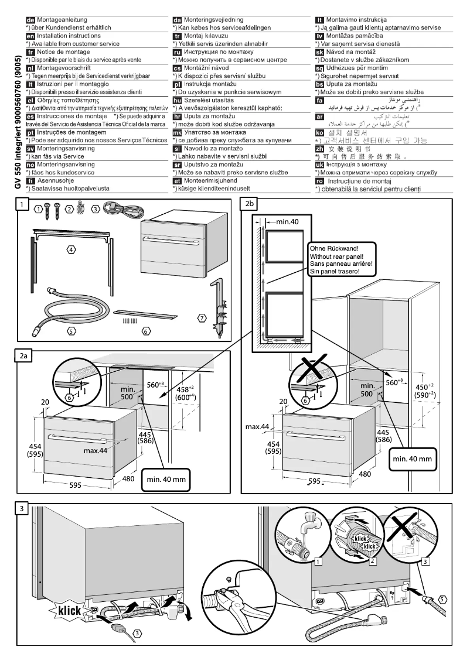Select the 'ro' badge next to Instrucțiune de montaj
click(320, 182)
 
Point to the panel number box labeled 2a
click(23, 355)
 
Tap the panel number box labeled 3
click(22, 508)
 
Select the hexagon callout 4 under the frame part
click(70, 250)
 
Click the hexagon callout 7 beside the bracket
click(201, 318)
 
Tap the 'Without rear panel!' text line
click(340, 255)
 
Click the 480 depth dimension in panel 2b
click(381, 474)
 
